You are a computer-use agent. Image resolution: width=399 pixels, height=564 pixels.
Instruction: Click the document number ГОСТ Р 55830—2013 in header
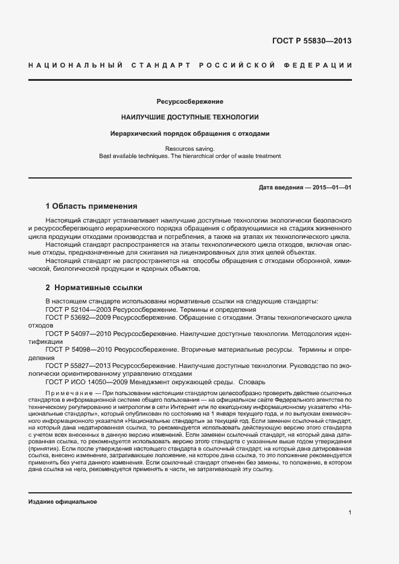tap(311, 41)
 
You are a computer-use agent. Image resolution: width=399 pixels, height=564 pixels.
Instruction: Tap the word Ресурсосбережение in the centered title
tap(190, 101)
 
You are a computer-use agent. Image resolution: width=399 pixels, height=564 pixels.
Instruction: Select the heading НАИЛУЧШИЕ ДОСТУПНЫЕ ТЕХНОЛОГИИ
tap(190, 117)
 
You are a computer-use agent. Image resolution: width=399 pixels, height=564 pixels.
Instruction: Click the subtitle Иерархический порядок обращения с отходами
tap(190, 133)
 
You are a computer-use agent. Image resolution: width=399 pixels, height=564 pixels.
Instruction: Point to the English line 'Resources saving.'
tap(190, 148)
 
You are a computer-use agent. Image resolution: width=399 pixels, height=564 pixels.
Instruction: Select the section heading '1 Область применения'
tap(92, 206)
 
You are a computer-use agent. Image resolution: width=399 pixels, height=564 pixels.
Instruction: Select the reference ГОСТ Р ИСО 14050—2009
tap(86, 382)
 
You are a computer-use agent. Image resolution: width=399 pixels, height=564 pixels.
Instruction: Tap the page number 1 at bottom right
tap(350, 512)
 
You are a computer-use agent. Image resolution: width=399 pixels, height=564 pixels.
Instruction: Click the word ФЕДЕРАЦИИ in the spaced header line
tap(322, 65)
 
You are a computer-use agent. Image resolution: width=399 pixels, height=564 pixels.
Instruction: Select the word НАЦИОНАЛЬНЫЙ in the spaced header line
tap(76, 65)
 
